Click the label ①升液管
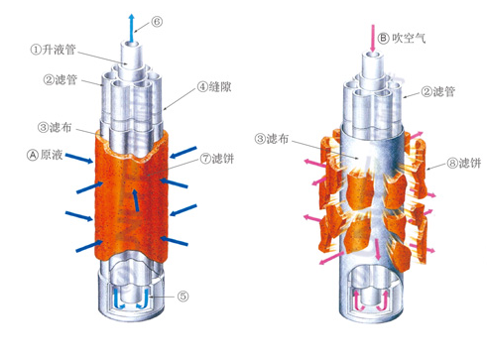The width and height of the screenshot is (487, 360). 54,50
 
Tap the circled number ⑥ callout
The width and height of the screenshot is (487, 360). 157,22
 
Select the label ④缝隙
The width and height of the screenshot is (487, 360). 214,87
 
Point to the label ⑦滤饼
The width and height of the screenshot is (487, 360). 217,159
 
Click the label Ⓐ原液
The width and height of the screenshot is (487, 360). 45,155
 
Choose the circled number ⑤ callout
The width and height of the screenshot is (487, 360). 183,297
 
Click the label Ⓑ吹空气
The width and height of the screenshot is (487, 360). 402,39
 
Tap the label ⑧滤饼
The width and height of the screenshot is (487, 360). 464,163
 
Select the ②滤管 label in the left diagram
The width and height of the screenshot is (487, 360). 60,79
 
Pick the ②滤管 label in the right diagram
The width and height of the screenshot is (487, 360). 438,91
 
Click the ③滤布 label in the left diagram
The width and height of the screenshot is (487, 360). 55,127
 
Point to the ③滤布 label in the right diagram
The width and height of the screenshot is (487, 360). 272,139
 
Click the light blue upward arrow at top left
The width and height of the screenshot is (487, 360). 132,28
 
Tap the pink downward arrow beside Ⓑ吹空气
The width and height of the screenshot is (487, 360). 373,38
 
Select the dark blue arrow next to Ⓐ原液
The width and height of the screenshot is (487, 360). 79,159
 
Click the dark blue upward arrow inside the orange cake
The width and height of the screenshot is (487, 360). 135,200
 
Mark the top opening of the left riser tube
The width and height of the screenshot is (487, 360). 132,46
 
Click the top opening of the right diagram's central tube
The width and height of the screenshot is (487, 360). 373,56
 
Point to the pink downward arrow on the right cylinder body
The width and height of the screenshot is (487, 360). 377,249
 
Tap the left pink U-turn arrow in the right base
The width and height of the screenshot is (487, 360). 359,300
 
